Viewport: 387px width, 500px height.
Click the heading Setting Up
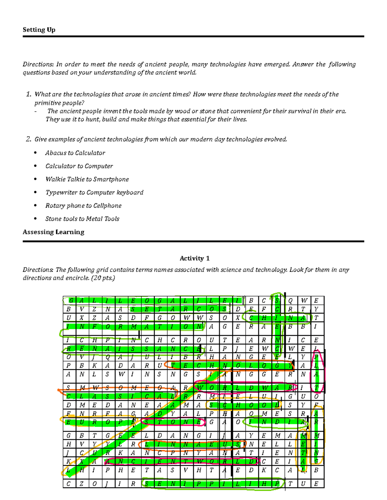[x=39, y=30]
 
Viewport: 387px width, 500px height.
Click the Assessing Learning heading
[x=54, y=232]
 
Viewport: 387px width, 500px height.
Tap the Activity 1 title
[x=194, y=258]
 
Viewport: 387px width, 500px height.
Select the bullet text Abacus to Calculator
[x=75, y=153]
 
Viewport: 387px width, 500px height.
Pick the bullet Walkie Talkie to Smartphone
[x=87, y=179]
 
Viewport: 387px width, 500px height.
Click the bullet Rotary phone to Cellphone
[x=84, y=206]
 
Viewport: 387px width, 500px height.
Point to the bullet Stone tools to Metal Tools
[x=82, y=219]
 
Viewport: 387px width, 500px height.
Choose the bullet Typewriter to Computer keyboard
[x=94, y=193]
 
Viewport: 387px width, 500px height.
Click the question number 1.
[x=29, y=94]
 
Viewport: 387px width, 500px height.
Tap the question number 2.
[x=29, y=139]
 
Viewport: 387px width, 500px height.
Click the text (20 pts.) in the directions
[x=103, y=278]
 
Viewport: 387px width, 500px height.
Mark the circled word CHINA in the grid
[x=277, y=318]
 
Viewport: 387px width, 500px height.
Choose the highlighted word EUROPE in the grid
[x=101, y=422]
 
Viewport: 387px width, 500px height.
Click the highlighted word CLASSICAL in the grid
[x=120, y=396]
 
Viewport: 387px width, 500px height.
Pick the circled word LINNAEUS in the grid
[x=192, y=444]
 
